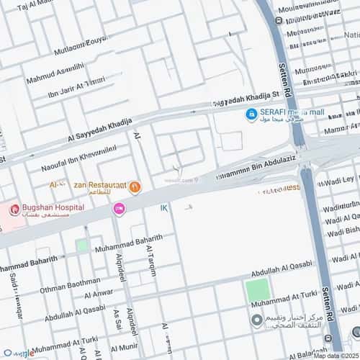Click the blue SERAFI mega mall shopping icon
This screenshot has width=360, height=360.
[x=251, y=114]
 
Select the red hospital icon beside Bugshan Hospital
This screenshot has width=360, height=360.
[x=14, y=210]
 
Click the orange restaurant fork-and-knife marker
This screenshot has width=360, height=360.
[x=135, y=187]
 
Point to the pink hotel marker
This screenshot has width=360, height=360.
[x=119, y=209]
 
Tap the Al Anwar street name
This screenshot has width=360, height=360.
[x=99, y=293]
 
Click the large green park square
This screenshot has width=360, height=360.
[x=257, y=291]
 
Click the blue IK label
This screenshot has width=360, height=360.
[x=164, y=208]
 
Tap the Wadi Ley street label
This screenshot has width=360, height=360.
[x=339, y=179]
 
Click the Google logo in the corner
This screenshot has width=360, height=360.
[x=19, y=354]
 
